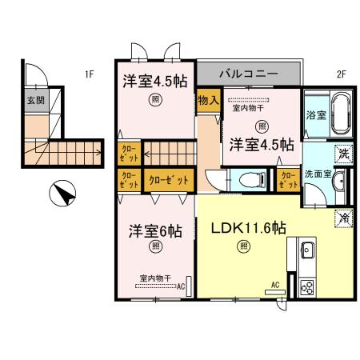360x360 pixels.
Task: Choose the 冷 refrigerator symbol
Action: pos(343,216)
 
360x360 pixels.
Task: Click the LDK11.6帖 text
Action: pos(248,227)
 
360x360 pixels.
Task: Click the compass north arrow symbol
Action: pos(62,194)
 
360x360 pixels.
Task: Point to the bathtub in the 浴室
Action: pos(339,114)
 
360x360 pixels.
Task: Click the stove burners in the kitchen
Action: pos(306,284)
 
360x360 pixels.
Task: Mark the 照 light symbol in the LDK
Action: pos(242,246)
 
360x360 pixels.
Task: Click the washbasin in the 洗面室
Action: pos(338,179)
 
